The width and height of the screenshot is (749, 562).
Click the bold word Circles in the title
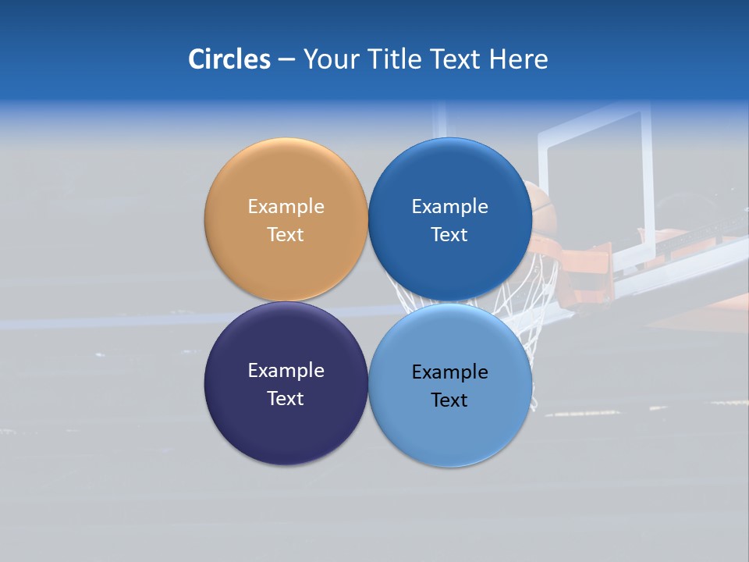tap(229, 59)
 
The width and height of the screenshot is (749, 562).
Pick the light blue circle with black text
tap(450, 433)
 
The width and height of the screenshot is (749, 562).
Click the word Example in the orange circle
tap(286, 207)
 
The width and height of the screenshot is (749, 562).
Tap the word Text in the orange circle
tap(286, 235)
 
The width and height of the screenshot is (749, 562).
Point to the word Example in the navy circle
tap(286, 371)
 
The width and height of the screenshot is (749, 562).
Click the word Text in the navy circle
tap(286, 399)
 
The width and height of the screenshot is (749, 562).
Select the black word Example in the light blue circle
tap(450, 372)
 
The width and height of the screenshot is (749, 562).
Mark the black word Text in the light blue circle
tap(449, 400)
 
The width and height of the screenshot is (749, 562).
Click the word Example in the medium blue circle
tap(450, 207)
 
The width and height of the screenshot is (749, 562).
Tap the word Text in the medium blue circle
tap(449, 235)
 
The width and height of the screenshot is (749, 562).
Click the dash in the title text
tap(286, 60)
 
